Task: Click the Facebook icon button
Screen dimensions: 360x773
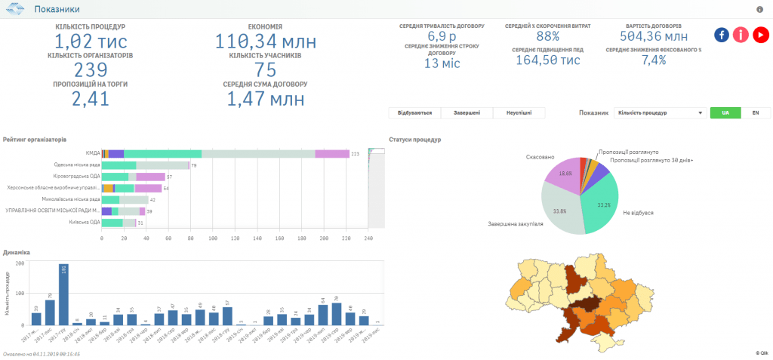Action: click(722, 35)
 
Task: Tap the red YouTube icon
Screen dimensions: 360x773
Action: click(760, 35)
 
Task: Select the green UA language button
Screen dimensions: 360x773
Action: click(725, 112)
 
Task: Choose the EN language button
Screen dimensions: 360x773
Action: click(755, 112)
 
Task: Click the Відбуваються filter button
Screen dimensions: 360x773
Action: click(414, 112)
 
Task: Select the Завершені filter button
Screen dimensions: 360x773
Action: click(467, 112)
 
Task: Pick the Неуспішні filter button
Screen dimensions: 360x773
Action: click(519, 112)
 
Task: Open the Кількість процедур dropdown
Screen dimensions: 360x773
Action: click(661, 112)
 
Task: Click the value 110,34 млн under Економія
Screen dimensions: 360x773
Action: click(260, 42)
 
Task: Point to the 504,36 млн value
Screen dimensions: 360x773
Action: click(654, 36)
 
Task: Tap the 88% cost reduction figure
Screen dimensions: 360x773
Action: click(548, 36)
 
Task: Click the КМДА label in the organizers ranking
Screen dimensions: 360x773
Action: click(93, 152)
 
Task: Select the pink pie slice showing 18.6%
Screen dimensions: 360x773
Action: click(563, 174)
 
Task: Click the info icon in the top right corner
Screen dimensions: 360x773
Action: click(759, 9)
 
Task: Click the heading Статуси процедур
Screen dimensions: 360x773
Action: click(414, 140)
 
